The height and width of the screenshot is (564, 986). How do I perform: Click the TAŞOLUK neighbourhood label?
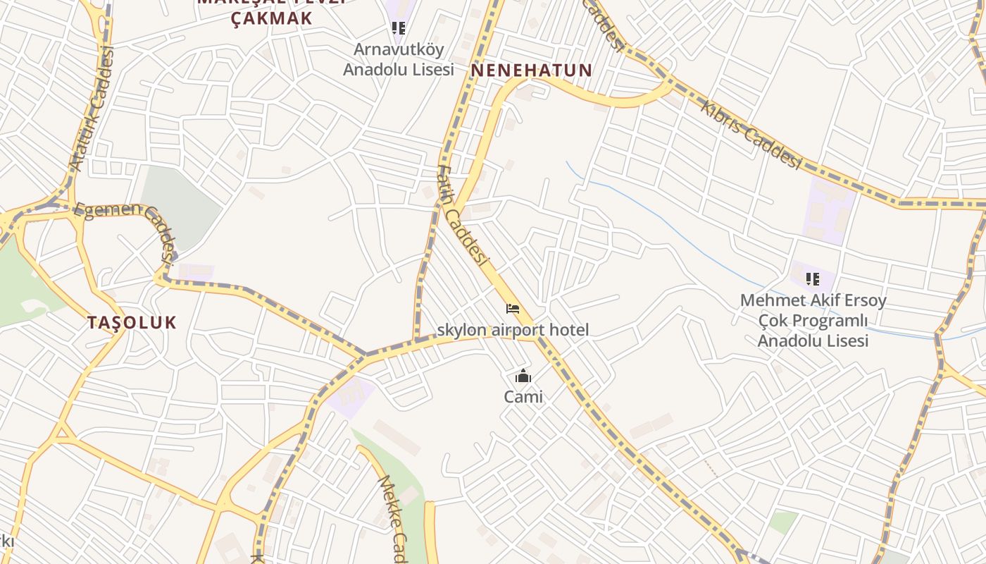click(x=132, y=323)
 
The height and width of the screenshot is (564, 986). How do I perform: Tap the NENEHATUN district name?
click(x=531, y=70)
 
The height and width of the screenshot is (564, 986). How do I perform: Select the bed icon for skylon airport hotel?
click(x=513, y=309)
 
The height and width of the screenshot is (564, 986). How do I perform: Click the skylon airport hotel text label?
click(x=513, y=329)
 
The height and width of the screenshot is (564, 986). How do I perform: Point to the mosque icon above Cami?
click(x=523, y=376)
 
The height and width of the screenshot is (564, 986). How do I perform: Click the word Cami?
click(x=523, y=397)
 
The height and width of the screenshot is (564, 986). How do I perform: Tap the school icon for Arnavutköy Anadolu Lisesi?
click(x=399, y=28)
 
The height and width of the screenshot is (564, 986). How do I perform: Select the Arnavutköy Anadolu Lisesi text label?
click(x=398, y=60)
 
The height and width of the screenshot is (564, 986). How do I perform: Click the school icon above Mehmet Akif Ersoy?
click(x=813, y=279)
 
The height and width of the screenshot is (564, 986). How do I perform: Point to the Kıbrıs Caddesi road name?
click(x=751, y=134)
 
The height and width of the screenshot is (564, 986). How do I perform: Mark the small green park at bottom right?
click(x=782, y=522)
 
